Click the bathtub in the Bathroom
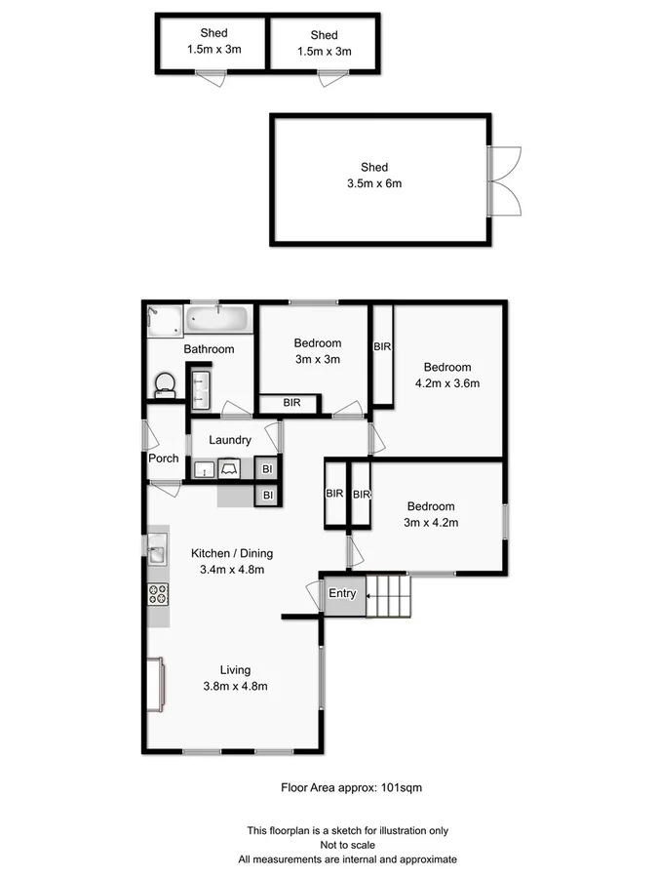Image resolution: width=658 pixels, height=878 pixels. click(220, 320)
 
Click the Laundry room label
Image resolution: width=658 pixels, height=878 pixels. click(230, 440)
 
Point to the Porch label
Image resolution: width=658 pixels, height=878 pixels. click(164, 459)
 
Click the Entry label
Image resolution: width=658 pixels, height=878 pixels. click(341, 594)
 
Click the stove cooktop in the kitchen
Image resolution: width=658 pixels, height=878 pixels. click(158, 592)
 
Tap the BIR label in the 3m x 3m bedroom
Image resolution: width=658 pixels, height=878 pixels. click(291, 402)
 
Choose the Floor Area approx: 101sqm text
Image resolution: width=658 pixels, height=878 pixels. click(351, 786)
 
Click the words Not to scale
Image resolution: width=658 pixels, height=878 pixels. click(348, 845)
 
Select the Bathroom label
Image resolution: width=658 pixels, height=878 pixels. click(209, 349)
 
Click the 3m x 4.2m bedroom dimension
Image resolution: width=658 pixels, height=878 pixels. click(431, 523)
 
